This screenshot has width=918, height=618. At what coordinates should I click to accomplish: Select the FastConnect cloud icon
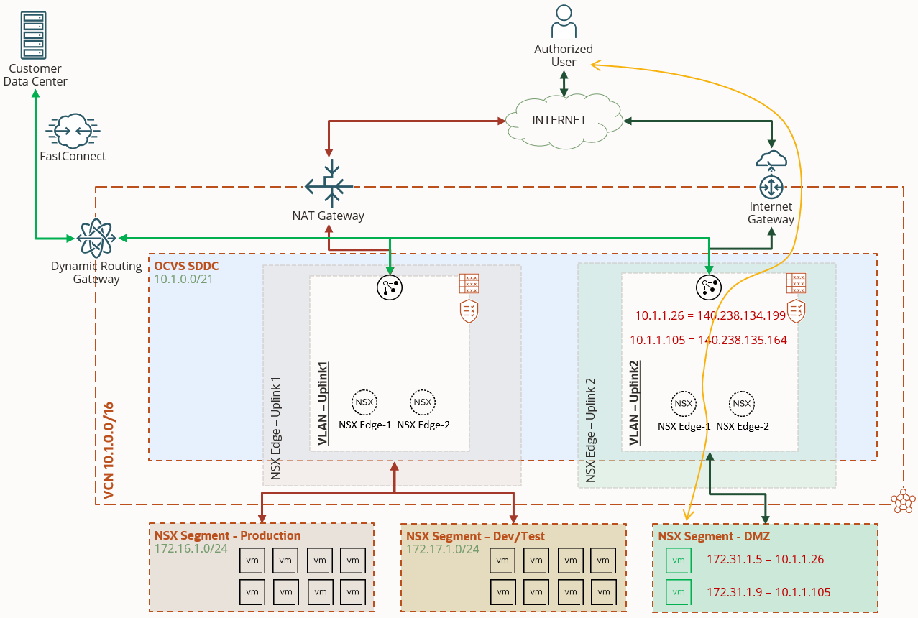click(x=73, y=131)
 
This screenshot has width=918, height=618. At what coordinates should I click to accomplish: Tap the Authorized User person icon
click(x=564, y=22)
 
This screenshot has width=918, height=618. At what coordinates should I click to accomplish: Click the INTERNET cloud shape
click(x=559, y=120)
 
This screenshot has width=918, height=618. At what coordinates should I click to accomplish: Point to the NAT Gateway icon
click(x=329, y=185)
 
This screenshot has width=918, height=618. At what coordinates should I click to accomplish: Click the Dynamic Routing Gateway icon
click(x=96, y=238)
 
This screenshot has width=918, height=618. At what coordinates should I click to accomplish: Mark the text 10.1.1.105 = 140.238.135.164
click(x=708, y=340)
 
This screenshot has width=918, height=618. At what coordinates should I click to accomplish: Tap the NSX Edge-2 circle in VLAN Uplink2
click(x=742, y=404)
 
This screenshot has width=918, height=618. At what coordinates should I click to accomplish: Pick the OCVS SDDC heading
click(x=186, y=266)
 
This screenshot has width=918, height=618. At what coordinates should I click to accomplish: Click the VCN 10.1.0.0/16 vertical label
click(x=109, y=451)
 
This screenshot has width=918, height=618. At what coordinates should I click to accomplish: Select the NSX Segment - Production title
click(x=227, y=535)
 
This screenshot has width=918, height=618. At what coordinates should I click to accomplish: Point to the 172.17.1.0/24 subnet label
click(x=443, y=549)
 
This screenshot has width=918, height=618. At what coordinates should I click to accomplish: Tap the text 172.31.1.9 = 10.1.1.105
click(x=768, y=593)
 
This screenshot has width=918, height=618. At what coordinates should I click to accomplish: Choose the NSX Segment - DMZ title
click(x=706, y=535)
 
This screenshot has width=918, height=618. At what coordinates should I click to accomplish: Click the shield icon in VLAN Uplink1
click(x=469, y=312)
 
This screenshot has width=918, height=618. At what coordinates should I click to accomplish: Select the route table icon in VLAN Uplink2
click(x=796, y=283)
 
